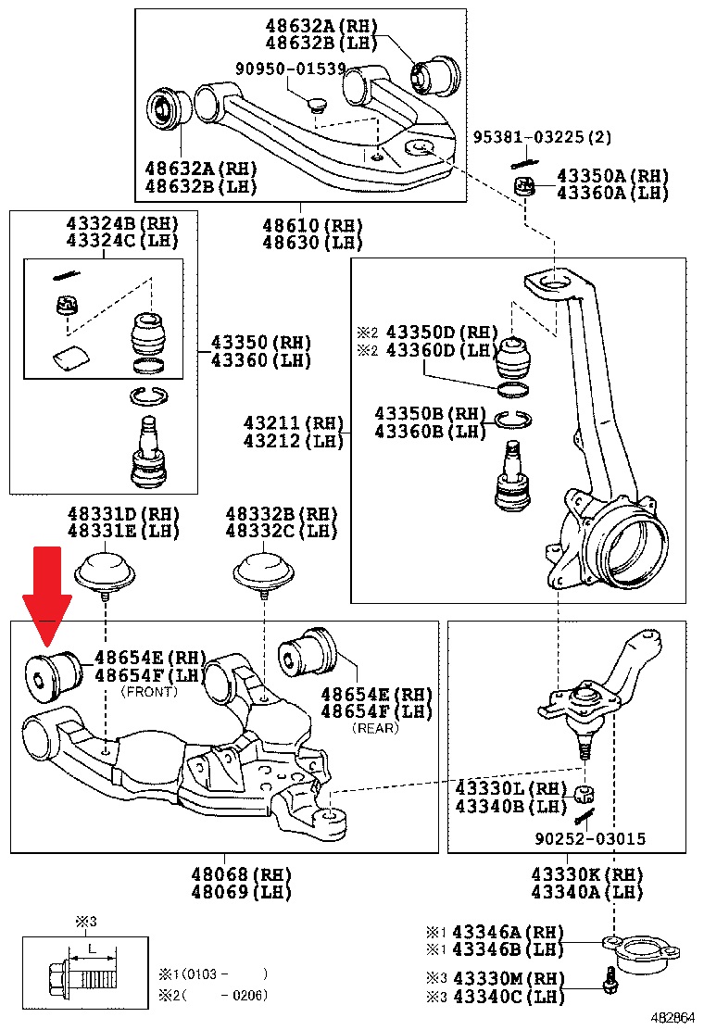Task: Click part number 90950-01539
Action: coord(290,69)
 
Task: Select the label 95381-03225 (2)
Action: coord(543,136)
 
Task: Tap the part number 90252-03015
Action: coord(591,839)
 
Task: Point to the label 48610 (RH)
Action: coord(299,226)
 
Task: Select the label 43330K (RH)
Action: coord(587,874)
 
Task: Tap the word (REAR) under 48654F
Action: coord(375,728)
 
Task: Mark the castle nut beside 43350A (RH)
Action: coord(525,185)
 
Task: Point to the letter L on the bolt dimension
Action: coord(92,949)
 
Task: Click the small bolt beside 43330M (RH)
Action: coord(609,983)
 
